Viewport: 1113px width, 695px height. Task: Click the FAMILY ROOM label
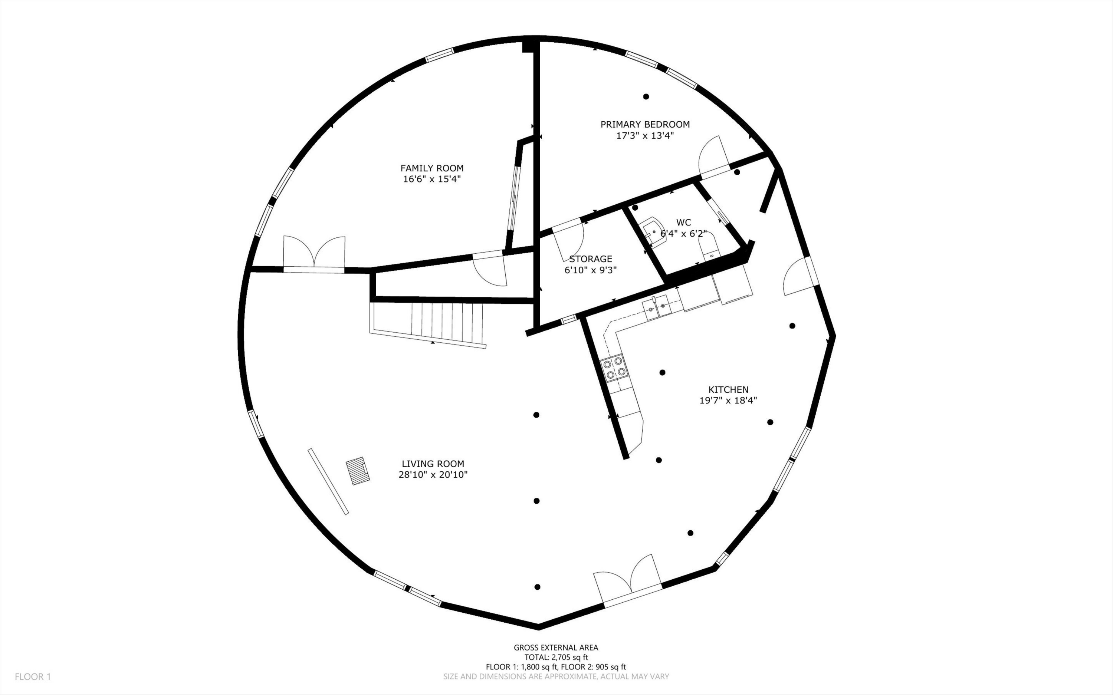[432, 168]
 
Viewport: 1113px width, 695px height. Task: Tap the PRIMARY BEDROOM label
[645, 125]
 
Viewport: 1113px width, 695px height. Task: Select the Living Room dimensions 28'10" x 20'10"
[433, 475]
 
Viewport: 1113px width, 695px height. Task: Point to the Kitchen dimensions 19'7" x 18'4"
[728, 401]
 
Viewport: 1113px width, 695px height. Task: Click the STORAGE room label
[590, 259]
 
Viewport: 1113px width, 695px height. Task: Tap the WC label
[684, 223]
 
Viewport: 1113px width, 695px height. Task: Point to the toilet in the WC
[709, 246]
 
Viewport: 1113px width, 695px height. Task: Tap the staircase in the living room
[427, 324]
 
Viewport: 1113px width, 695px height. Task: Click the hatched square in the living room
[358, 471]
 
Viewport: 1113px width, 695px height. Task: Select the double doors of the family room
[314, 254]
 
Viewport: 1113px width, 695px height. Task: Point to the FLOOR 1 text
[33, 676]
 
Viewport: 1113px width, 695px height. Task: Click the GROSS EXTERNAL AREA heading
[556, 648]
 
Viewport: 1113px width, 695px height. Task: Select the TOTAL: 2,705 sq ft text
[556, 657]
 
